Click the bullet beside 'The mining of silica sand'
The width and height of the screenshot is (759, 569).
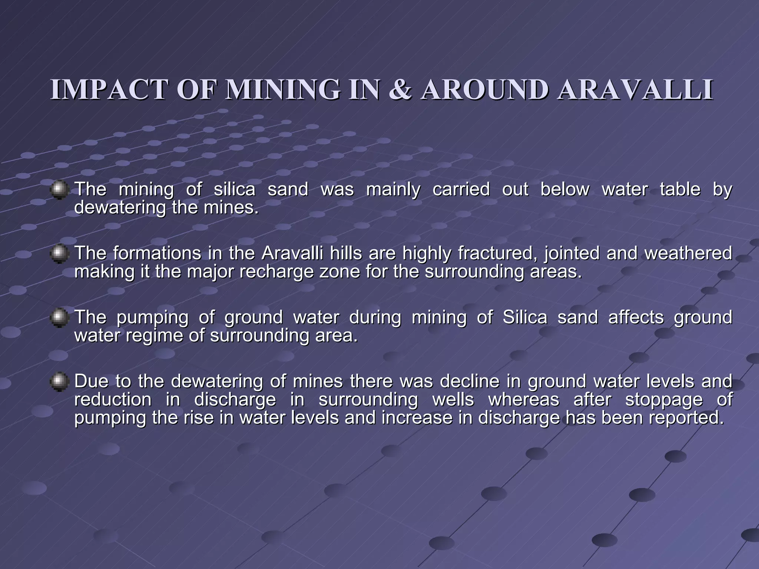click(59, 190)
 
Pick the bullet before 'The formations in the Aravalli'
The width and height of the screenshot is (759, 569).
click(59, 254)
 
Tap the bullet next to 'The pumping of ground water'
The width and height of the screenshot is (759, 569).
click(59, 318)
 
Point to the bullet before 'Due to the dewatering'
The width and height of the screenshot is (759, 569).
click(59, 382)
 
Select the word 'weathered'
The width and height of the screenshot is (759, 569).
click(688, 254)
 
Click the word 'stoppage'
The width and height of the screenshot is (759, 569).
click(664, 400)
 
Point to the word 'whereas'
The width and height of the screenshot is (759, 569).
click(524, 400)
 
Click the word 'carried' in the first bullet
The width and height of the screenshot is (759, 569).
click(461, 189)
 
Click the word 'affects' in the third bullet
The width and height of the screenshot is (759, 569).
click(636, 318)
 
